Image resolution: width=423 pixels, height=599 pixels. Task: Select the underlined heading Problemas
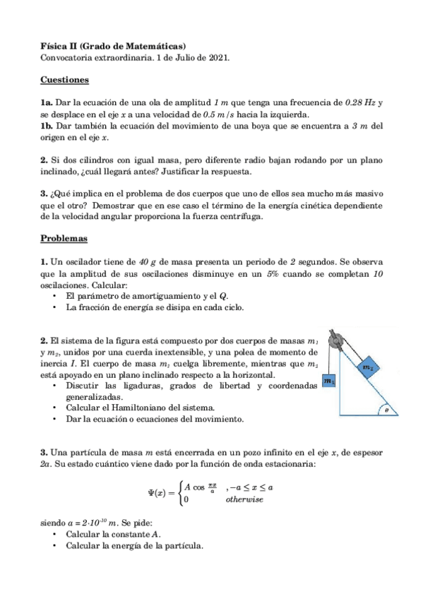coord(64,239)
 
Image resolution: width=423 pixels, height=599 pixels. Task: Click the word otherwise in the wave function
coord(244,499)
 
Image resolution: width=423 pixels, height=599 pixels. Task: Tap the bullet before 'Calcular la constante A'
coord(54,535)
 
